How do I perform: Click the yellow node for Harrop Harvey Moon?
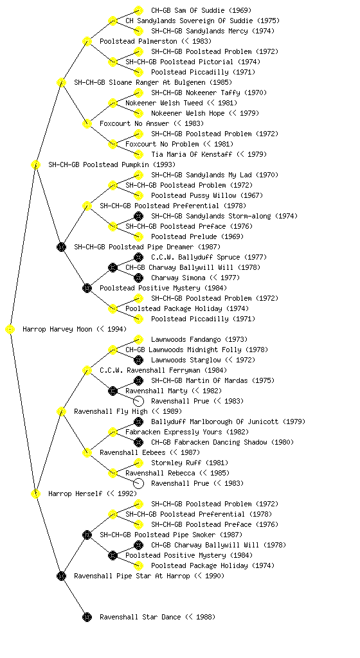point(10,330)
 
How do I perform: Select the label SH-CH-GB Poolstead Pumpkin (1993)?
point(112,165)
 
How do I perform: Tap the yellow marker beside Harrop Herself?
point(35,494)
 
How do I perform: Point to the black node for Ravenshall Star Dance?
point(87,618)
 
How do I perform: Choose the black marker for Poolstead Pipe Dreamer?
point(61,247)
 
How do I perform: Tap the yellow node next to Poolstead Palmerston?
point(87,42)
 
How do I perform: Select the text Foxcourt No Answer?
point(134,124)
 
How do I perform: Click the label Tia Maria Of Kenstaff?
point(192,154)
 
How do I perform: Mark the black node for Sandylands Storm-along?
point(138,217)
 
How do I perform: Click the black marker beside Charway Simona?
point(138,278)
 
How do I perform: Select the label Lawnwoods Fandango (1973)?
point(199,339)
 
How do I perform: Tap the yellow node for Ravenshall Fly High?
point(61,412)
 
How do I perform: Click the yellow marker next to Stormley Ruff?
point(138,463)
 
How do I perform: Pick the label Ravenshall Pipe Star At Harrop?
point(132,576)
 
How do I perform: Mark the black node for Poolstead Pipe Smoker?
point(87,535)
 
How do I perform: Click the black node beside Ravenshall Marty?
point(113,391)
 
